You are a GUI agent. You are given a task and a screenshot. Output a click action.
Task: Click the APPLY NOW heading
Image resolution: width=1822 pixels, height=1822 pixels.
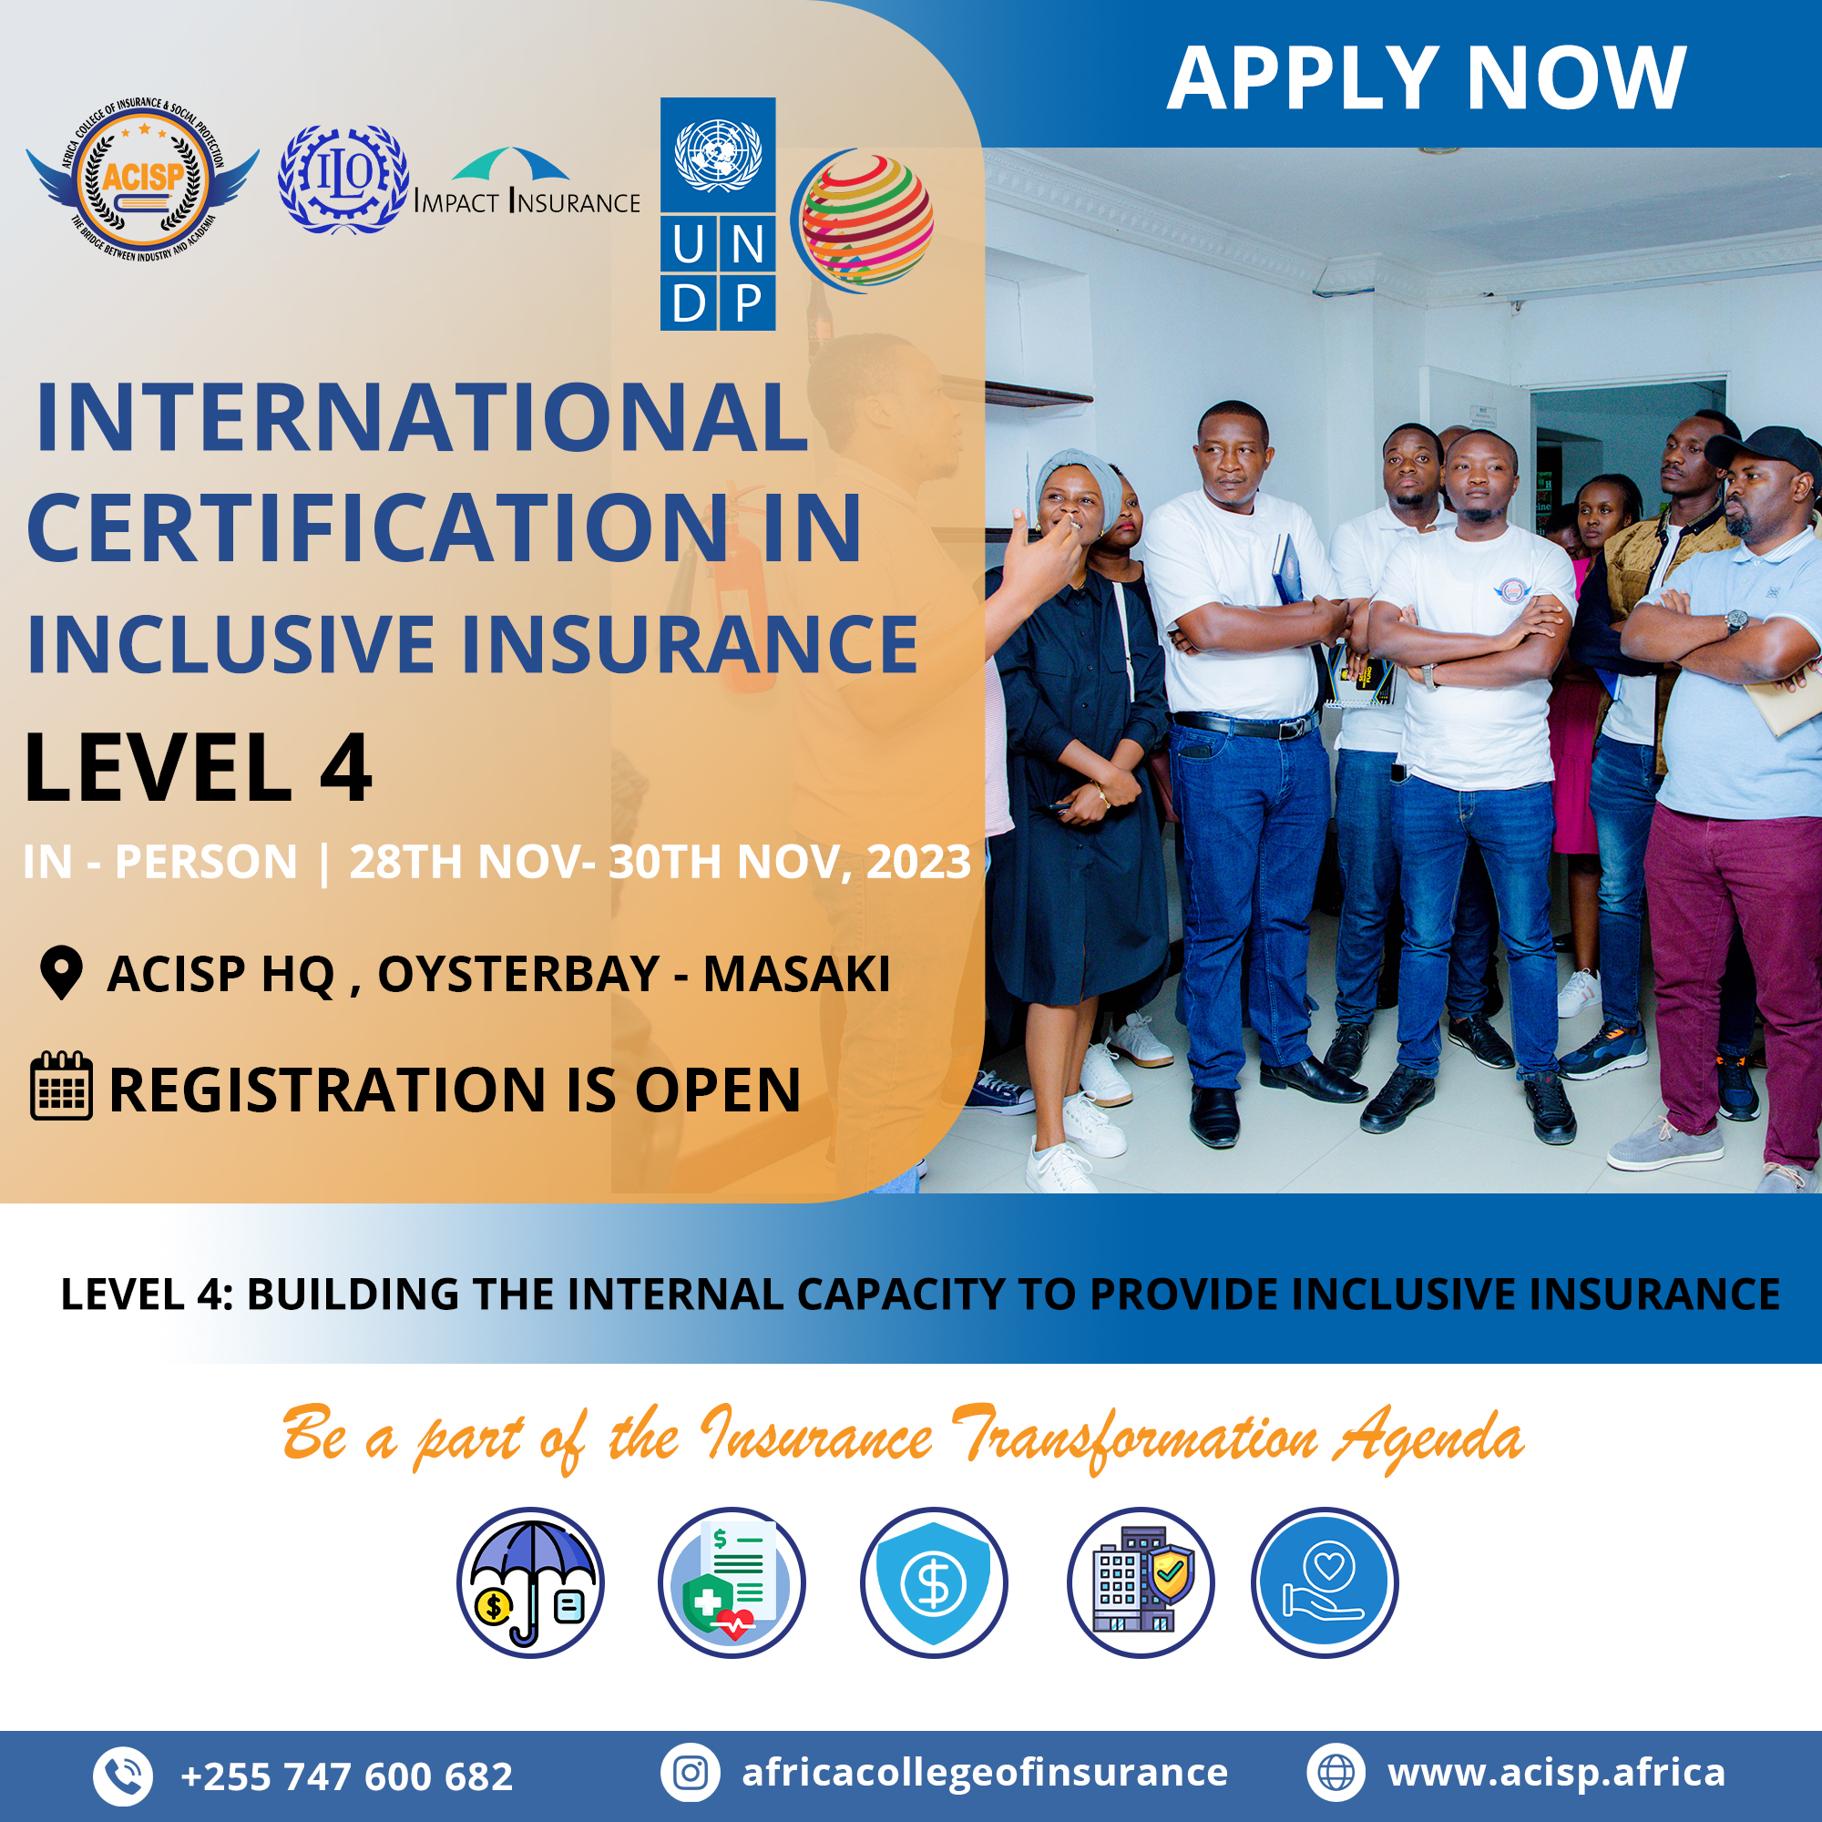(1426, 78)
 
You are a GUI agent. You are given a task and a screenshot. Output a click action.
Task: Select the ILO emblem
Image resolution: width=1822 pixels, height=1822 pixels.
(343, 179)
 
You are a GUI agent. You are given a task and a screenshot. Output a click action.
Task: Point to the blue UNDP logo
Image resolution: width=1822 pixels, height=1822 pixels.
(718, 214)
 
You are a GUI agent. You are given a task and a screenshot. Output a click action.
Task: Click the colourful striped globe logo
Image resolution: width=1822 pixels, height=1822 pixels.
(862, 220)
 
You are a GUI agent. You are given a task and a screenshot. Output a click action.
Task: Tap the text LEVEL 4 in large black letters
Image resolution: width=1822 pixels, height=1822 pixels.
(198, 768)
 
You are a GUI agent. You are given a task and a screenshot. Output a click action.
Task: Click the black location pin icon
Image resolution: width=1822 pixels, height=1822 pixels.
(62, 972)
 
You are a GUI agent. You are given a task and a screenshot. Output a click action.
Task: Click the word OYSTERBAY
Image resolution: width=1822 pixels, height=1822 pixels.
(518, 974)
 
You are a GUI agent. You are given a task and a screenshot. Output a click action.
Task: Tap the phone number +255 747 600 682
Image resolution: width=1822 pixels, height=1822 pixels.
(346, 1776)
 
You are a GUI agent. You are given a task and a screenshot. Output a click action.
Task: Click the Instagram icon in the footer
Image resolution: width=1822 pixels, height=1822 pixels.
(691, 1773)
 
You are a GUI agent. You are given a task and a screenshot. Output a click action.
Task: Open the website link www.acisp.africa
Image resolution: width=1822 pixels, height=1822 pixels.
(1556, 1773)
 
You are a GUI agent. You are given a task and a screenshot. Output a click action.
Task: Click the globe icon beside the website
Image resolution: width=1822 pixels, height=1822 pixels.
(1336, 1773)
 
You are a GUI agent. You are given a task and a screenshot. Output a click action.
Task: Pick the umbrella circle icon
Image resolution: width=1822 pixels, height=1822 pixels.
(531, 1582)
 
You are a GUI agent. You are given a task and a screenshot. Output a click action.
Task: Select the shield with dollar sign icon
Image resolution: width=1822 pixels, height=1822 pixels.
(934, 1582)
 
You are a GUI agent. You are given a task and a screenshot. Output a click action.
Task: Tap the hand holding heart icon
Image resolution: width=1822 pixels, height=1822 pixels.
(1325, 1582)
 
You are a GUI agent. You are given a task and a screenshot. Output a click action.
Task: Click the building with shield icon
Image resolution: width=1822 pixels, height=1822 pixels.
(1141, 1582)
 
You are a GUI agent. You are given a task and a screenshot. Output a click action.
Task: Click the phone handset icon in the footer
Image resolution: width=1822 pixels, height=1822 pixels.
(123, 1776)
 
